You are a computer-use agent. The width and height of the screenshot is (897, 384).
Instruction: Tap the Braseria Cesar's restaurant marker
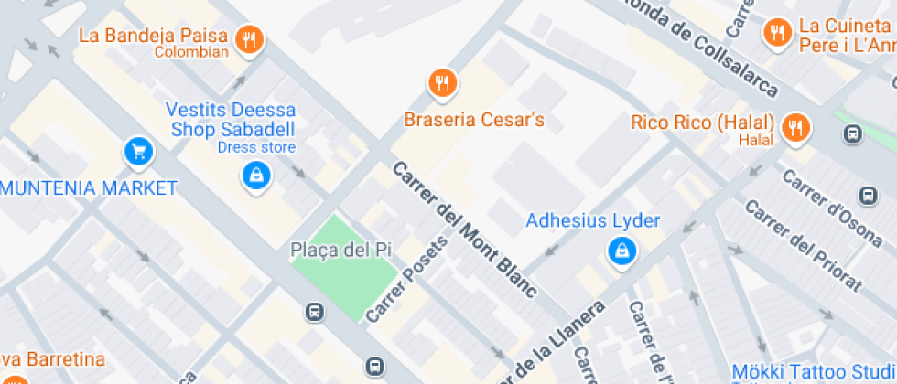443,83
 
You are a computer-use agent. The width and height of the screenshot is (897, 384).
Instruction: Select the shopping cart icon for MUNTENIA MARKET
137,151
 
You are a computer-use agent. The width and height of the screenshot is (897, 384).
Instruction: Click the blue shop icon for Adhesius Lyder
621,250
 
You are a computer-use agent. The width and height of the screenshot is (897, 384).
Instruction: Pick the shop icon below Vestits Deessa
255,174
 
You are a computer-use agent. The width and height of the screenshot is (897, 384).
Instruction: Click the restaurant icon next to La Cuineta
777,33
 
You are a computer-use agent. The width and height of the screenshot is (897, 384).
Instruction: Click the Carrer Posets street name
407,279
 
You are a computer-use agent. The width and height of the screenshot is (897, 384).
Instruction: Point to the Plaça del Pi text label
330,250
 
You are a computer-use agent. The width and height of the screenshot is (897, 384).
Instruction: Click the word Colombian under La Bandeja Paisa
190,52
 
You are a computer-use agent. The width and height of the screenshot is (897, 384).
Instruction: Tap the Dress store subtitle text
256,147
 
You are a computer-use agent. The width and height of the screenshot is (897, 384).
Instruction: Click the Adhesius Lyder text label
592,221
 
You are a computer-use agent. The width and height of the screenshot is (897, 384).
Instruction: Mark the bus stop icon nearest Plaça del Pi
314,312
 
